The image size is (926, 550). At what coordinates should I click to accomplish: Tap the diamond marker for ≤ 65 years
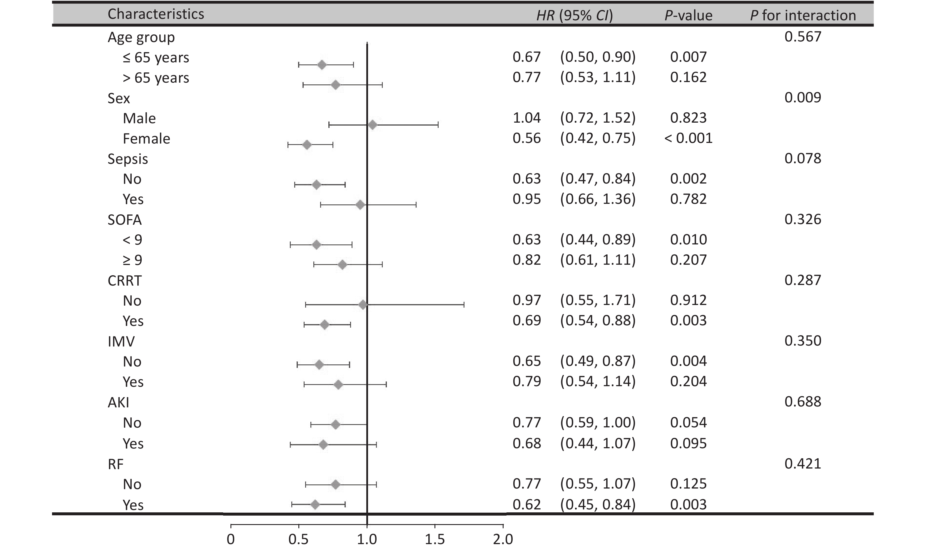322,65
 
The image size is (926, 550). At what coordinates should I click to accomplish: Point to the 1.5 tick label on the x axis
435,539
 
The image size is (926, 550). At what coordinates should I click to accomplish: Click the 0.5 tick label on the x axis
299,539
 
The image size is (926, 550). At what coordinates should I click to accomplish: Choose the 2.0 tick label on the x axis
503,539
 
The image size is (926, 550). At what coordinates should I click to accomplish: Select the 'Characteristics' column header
156,14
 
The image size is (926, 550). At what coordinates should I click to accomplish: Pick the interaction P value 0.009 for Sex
803,97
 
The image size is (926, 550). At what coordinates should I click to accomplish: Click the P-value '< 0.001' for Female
688,138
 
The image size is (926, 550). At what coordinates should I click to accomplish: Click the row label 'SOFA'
124,220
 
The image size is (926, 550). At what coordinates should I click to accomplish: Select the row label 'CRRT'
124,281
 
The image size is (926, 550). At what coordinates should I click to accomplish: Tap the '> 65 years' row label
156,78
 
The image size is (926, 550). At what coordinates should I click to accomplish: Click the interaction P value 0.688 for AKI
803,401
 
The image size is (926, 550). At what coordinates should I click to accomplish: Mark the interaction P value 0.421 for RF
803,463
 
